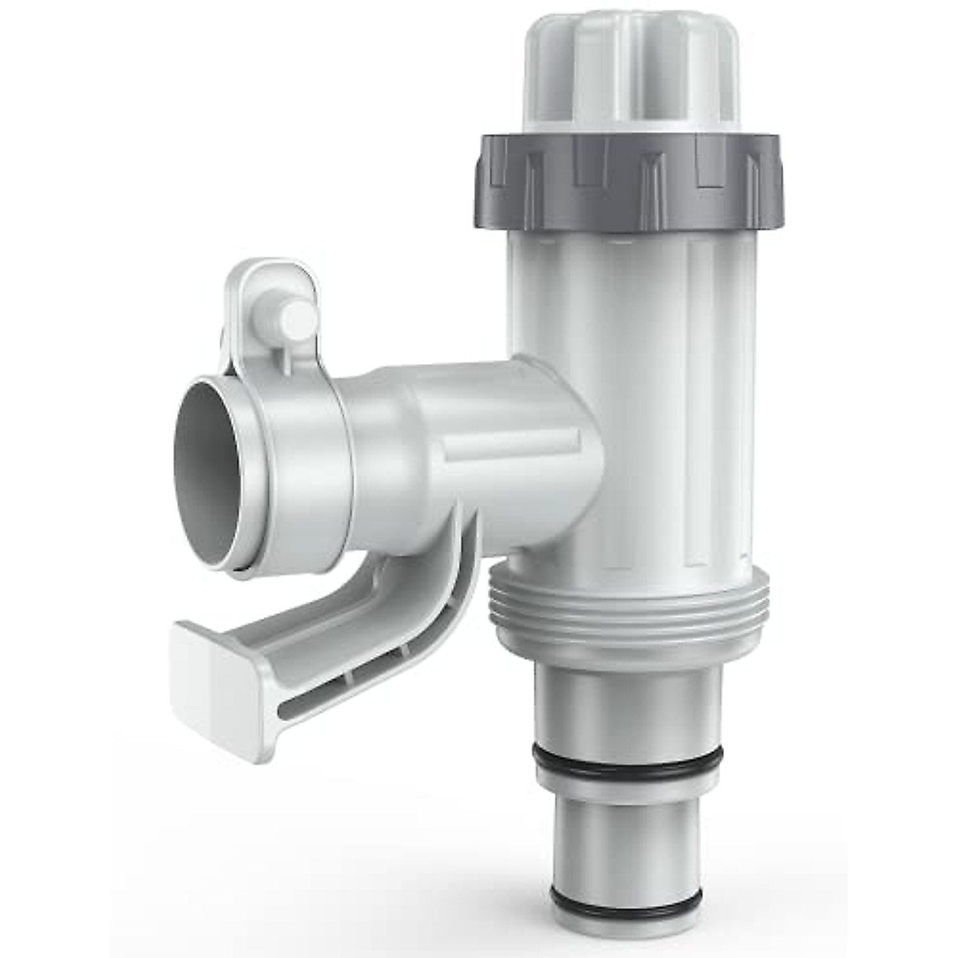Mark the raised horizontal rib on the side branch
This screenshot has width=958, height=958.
[x=511, y=444]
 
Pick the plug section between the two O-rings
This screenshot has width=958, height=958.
[x=627, y=830]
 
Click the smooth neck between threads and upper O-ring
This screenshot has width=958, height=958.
[x=627, y=703]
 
